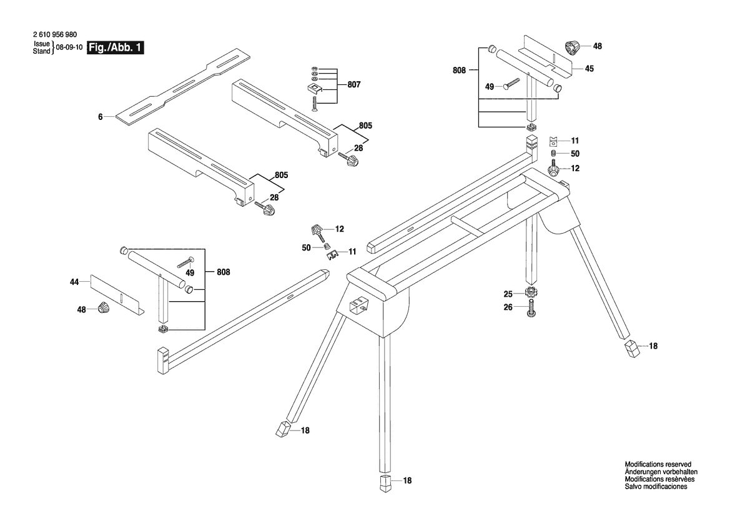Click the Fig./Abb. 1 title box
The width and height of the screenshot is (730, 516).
pyautogui.click(x=116, y=47)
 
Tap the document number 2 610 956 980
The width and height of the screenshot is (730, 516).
pyautogui.click(x=55, y=35)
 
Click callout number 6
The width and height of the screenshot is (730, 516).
pyautogui.click(x=100, y=117)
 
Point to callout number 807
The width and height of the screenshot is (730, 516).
pyautogui.click(x=354, y=85)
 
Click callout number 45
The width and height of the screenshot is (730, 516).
pyautogui.click(x=589, y=69)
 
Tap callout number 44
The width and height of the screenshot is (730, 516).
pyautogui.click(x=74, y=281)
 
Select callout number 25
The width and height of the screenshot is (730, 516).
pyautogui.click(x=508, y=294)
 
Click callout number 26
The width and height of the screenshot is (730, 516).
pyautogui.click(x=508, y=307)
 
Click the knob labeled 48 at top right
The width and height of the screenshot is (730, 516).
pyautogui.click(x=572, y=47)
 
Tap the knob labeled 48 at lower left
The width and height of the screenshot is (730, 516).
pyautogui.click(x=104, y=308)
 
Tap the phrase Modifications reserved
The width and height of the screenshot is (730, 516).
pyautogui.click(x=658, y=464)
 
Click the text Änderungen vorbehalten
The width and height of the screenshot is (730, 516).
pyautogui.click(x=661, y=472)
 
